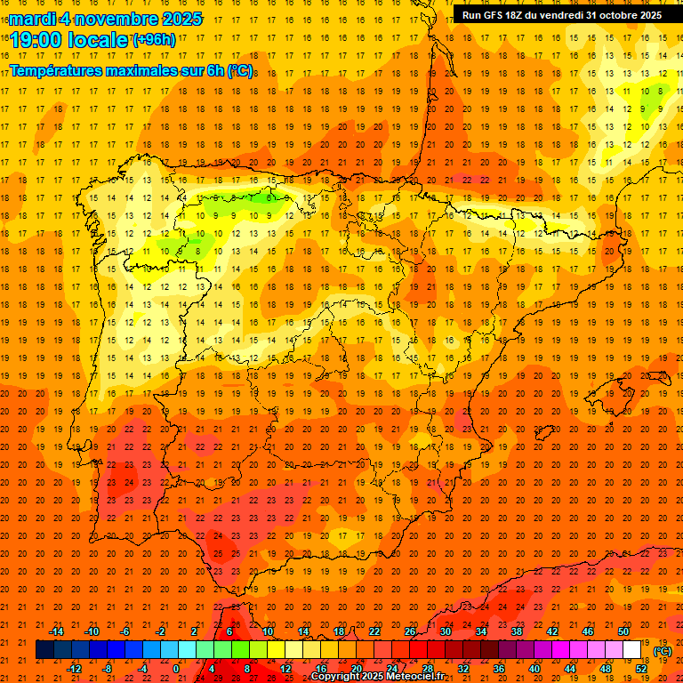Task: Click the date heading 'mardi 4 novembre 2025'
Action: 106,19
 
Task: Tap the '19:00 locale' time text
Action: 69,39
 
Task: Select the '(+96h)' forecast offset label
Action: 154,39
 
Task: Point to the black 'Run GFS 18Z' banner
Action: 561,14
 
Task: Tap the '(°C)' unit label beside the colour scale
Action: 663,651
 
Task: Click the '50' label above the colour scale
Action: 623,631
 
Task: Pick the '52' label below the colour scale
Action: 641,669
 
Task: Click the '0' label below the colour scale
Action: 176,669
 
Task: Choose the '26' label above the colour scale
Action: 410,631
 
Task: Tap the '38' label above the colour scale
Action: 517,631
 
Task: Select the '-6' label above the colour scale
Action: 125,631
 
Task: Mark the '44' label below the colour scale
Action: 570,669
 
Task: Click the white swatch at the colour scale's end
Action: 632,650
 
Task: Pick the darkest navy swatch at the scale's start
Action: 45,650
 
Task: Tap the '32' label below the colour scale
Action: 463,669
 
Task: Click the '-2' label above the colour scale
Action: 161,631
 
